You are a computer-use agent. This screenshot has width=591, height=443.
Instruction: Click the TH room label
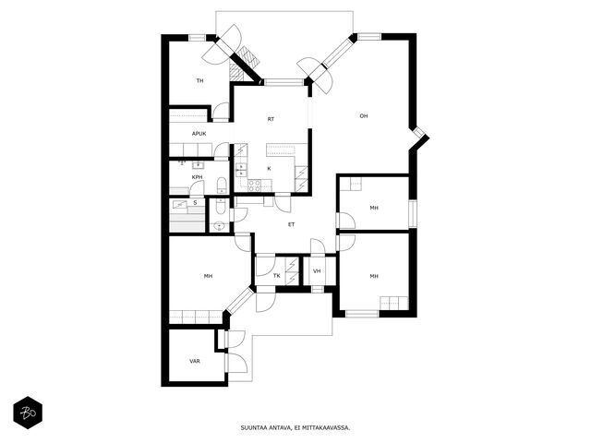pos(199,80)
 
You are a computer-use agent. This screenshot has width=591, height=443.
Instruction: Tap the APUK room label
pos(199,134)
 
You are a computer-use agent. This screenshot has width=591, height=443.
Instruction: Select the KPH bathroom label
pos(197,177)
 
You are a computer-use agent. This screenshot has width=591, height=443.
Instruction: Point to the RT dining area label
pos(271,119)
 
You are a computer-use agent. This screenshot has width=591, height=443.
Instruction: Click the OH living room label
pos(363,116)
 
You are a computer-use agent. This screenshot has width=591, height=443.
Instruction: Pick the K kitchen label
pos(269,169)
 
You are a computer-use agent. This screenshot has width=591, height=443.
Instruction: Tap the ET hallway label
pos(292,224)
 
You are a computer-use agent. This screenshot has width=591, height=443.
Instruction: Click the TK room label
pos(277,276)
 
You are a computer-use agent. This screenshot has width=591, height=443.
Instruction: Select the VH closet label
pos(317,271)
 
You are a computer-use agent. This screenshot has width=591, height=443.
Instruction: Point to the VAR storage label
pos(195,361)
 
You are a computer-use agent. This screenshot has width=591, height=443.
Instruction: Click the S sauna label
pos(195,203)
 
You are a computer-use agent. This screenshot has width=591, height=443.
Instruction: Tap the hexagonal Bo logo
pos(28,413)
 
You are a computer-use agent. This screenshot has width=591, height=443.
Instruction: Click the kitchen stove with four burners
pos(254,185)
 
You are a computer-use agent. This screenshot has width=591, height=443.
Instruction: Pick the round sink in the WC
pos(219,226)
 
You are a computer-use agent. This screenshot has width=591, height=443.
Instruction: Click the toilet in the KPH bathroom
pos(222,186)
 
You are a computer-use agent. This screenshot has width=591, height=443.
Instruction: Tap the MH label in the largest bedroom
pos(208,276)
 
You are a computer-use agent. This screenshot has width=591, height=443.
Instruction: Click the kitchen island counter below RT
pos(282,150)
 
